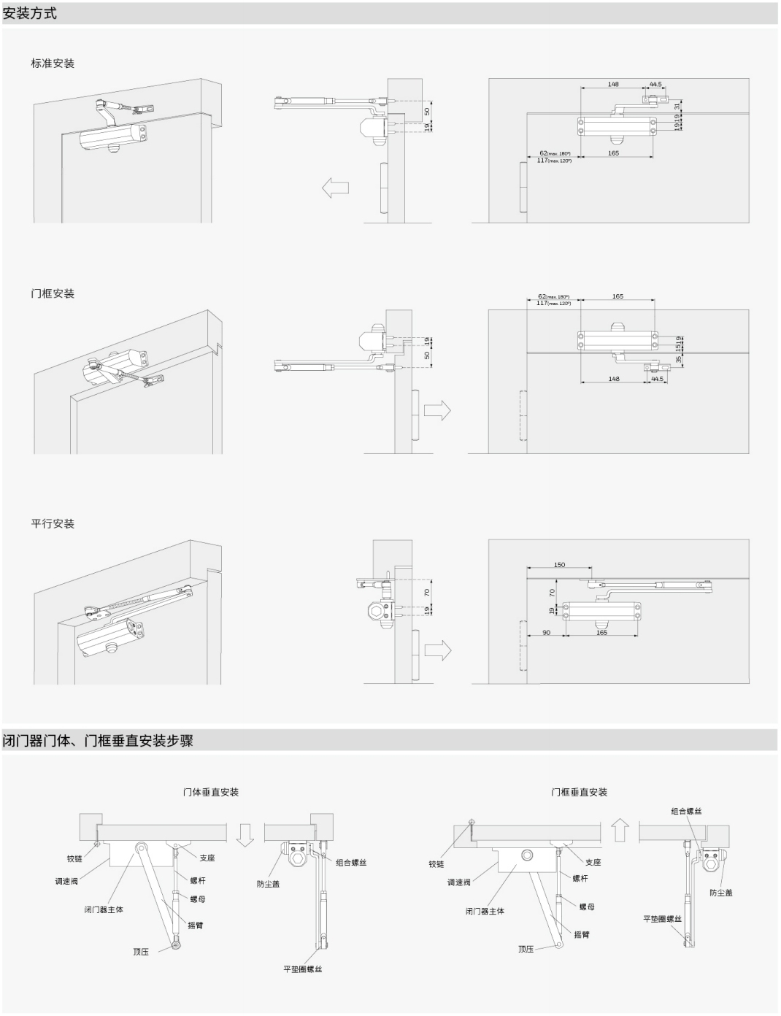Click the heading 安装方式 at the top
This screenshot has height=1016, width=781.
tap(30, 13)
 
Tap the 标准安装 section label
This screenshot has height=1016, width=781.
tap(53, 64)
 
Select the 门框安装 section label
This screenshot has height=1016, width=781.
tap(53, 293)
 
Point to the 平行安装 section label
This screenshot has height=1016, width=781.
tap(53, 524)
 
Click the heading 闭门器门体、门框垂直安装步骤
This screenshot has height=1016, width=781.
tap(98, 741)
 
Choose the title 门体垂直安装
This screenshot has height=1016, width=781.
tap(211, 792)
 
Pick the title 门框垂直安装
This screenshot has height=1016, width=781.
tap(579, 792)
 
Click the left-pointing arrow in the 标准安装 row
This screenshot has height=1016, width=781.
tap(335, 188)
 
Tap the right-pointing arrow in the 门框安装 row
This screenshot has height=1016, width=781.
tap(437, 411)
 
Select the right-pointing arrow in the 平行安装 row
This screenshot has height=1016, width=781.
tap(437, 650)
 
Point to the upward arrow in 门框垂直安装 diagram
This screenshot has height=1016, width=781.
tap(620, 830)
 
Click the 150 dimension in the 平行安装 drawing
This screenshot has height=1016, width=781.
tap(559, 565)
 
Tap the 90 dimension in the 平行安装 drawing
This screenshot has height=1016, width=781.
tap(547, 633)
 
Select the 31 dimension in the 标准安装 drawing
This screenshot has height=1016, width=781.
tap(677, 106)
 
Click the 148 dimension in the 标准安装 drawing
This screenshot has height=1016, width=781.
tap(613, 85)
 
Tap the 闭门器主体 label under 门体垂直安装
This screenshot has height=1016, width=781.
tap(104, 909)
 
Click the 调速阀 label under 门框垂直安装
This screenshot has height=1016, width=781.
tap(459, 882)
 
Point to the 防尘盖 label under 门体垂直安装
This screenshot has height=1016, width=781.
tap(268, 884)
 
